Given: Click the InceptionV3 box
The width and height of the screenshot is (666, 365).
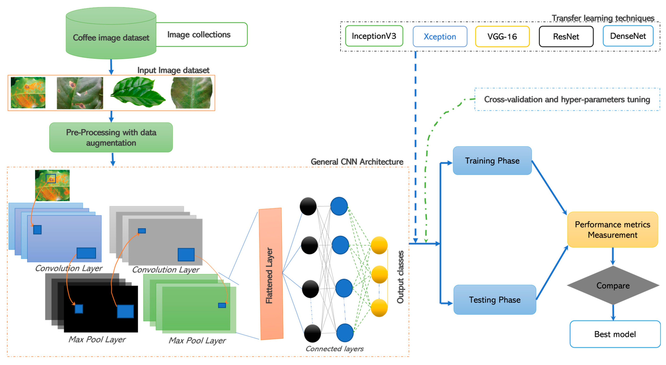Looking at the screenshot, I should (374, 36).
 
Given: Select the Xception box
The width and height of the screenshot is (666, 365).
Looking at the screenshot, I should (440, 36).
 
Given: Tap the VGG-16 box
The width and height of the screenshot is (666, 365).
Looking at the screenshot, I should (502, 36).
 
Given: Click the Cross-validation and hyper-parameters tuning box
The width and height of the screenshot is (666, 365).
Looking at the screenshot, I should (567, 99).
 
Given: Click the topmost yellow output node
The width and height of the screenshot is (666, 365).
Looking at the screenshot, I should (379, 245).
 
